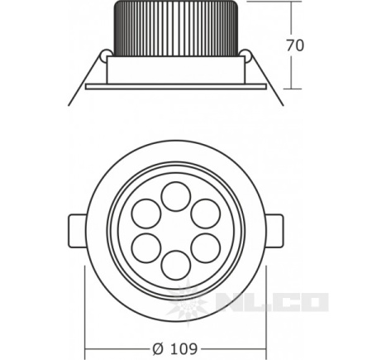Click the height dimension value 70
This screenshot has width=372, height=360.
click(x=295, y=46)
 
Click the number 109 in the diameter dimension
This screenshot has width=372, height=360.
click(x=184, y=348)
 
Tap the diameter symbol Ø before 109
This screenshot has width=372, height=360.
click(x=158, y=348)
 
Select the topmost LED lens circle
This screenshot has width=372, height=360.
click(x=176, y=196)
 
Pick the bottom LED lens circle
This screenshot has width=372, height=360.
click(x=176, y=265)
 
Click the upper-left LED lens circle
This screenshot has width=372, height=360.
click(x=146, y=214)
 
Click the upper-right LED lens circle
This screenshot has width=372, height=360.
click(x=206, y=214)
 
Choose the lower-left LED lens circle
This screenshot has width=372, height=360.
click(x=146, y=248)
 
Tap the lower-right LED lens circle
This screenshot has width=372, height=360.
click(x=206, y=248)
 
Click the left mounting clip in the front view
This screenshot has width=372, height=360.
click(x=77, y=231)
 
